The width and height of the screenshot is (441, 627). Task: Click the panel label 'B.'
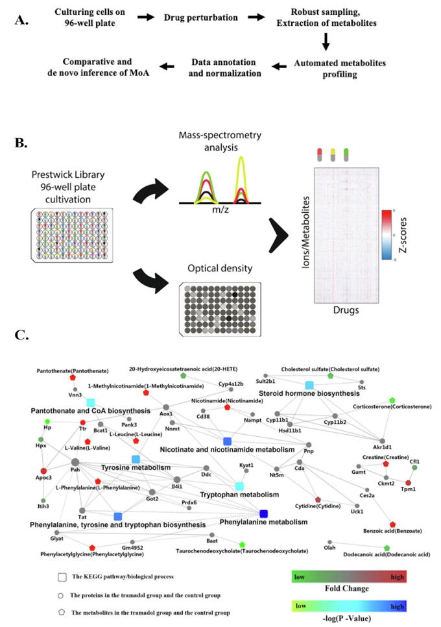point(22,125)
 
